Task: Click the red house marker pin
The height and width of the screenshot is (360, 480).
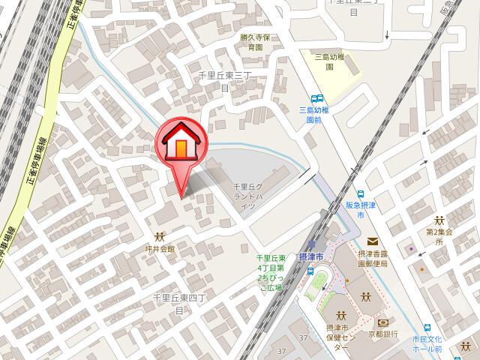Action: pyautogui.click(x=180, y=142)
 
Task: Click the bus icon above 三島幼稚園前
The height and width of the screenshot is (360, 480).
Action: pyautogui.click(x=318, y=98)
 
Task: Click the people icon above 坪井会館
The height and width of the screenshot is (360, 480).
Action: pyautogui.click(x=160, y=236)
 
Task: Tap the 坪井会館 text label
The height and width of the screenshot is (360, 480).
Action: pyautogui.click(x=160, y=248)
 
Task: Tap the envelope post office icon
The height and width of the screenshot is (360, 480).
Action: pyautogui.click(x=372, y=239)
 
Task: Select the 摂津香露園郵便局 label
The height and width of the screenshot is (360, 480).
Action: pyautogui.click(x=373, y=259)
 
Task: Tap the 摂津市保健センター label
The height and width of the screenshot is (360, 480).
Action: pyautogui.click(x=340, y=337)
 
